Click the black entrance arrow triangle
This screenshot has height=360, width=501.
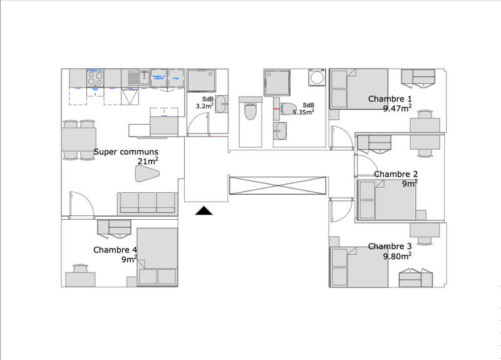[204, 211]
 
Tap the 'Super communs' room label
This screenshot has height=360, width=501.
[126, 152]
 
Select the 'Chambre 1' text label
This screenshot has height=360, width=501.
[390, 99]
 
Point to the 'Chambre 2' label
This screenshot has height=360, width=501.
[396, 174]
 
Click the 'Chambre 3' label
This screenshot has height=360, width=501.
[390, 246]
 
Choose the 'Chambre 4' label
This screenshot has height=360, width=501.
[115, 250]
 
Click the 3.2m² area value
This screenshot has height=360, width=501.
[205, 107]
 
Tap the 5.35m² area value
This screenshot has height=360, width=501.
[303, 113]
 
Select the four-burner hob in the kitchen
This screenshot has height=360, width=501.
[95, 78]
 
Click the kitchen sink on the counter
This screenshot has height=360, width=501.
[135, 78]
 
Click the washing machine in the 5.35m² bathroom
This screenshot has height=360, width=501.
[316, 78]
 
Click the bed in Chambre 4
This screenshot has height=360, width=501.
[158, 257]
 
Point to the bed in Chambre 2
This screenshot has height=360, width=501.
[386, 200]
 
